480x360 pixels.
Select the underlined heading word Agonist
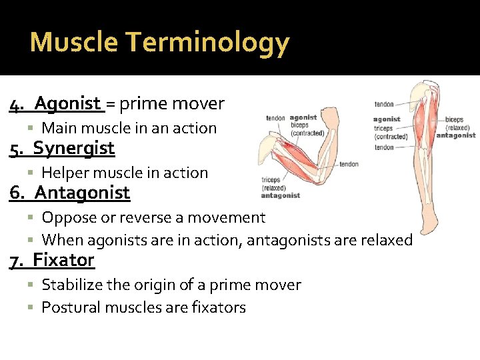click(x=67, y=103)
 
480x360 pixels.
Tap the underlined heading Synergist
click(x=73, y=148)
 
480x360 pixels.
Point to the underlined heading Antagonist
click(x=82, y=193)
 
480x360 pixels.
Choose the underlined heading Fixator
click(x=63, y=259)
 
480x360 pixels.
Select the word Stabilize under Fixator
click(x=74, y=285)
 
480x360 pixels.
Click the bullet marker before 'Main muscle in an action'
click(x=33, y=128)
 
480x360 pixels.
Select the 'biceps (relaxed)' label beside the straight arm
click(x=457, y=124)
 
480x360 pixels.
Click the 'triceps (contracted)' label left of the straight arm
click(x=391, y=132)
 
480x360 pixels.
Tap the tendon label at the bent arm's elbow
click(x=349, y=164)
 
